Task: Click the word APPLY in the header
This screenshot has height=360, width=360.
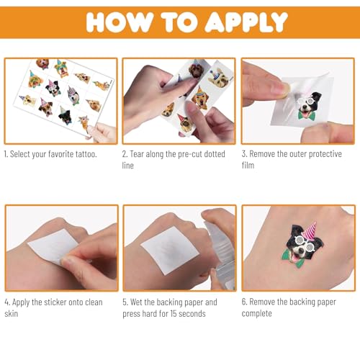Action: coord(246,22)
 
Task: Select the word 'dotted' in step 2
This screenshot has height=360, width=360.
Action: coord(215,154)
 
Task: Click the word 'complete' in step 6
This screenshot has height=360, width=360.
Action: coord(256,313)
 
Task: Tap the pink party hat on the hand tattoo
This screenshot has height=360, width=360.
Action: coord(309,230)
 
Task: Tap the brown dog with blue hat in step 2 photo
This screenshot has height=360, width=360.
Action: coord(197,68)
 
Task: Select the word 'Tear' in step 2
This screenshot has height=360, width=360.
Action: coord(137,154)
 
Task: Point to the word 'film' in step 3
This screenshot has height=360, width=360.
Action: coord(248,165)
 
